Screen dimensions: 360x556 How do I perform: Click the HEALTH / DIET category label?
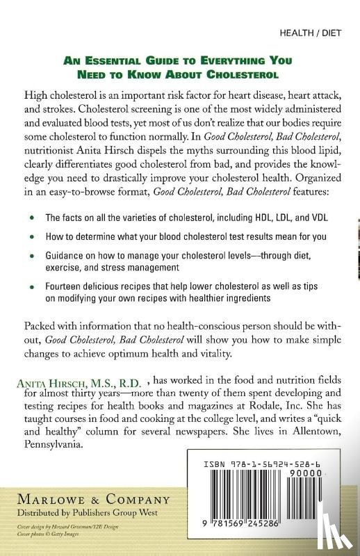(x=310, y=33)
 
